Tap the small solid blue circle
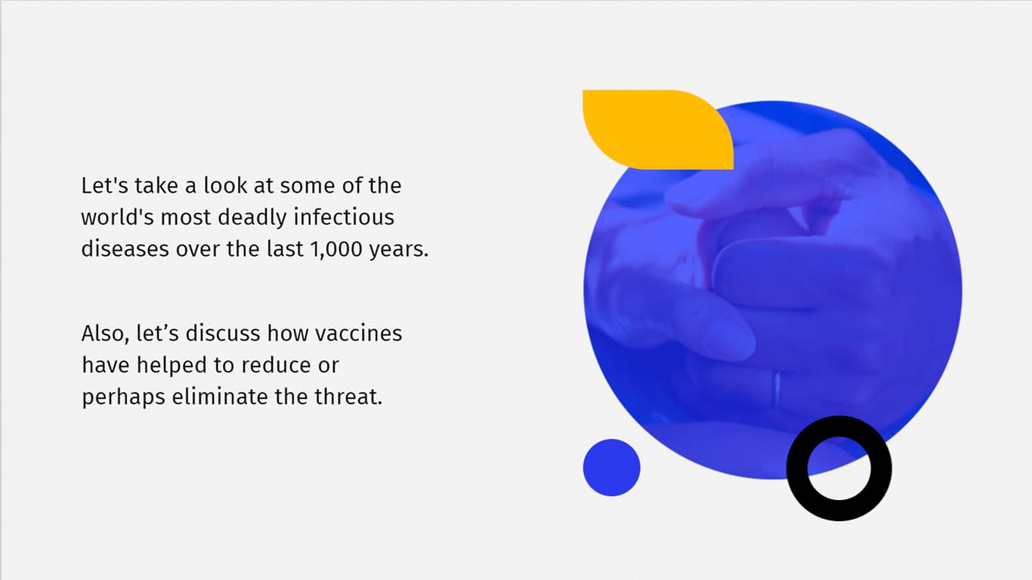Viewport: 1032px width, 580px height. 611,467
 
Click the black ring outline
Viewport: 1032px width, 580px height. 796,468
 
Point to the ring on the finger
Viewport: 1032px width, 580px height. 777,390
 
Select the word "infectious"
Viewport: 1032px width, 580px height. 344,217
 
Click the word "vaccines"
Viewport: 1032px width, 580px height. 358,333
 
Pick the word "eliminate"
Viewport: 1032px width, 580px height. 220,396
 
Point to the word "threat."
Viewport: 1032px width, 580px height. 348,396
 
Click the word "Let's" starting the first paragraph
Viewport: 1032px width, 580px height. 104,186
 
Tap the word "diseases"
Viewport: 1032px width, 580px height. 125,248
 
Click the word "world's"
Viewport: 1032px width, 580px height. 118,217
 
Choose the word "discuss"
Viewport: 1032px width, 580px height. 224,333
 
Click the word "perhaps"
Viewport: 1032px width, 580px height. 123,398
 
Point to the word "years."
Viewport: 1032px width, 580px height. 399,250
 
